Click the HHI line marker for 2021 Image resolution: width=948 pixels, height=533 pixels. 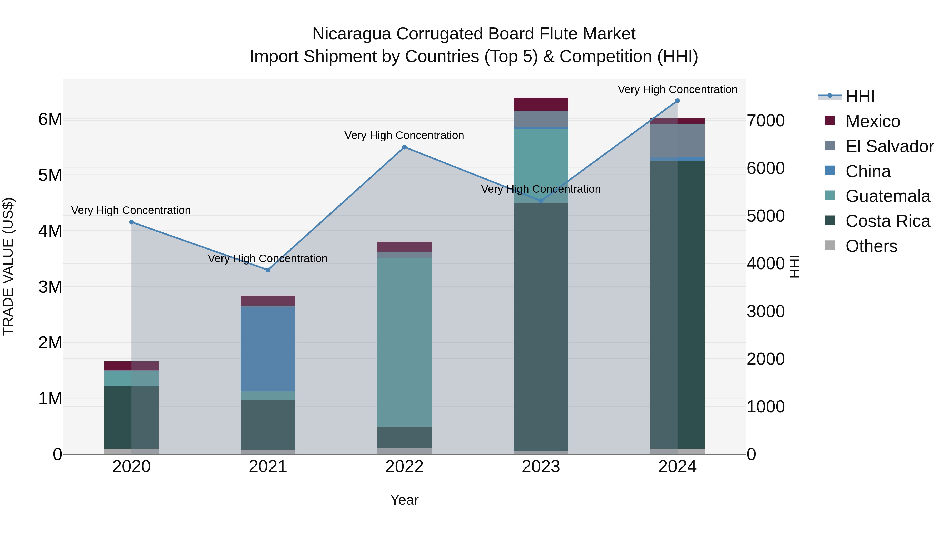(x=268, y=270)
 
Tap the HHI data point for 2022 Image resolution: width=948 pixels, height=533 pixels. (x=404, y=147)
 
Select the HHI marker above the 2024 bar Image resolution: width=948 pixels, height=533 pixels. (x=678, y=101)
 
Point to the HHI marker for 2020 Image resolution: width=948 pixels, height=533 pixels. (x=131, y=222)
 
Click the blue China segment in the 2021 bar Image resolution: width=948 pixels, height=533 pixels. (x=268, y=349)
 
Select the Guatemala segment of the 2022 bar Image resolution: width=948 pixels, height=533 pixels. (x=404, y=342)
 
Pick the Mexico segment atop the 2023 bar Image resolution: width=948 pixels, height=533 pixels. (x=541, y=104)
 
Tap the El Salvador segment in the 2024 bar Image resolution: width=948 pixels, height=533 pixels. (x=678, y=140)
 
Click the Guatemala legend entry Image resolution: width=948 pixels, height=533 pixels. (x=887, y=196)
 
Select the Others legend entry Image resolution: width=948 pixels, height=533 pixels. (x=871, y=246)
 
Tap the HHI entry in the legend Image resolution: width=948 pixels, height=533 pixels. (x=860, y=96)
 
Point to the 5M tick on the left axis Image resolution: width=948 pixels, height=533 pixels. (x=50, y=175)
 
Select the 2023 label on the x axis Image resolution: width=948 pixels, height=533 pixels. (x=541, y=467)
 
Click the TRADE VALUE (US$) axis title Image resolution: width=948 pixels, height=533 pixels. (x=8, y=266)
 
